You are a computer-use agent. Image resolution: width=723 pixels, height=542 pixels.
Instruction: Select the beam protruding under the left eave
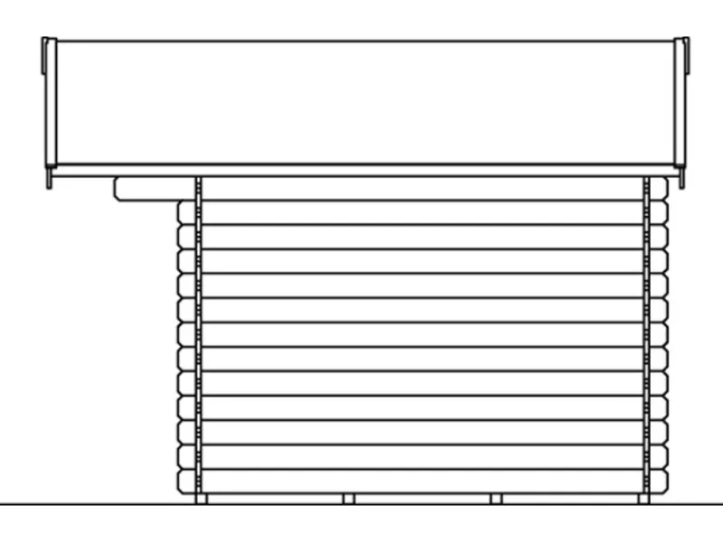coord(154,188)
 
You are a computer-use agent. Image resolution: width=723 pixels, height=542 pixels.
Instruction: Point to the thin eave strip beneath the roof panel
coord(361,171)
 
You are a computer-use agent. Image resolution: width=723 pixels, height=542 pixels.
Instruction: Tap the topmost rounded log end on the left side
coord(187,212)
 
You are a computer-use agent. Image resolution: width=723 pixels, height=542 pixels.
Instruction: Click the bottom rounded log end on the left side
coord(187,481)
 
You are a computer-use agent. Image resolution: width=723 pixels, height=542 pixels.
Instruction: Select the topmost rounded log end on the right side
coord(659,188)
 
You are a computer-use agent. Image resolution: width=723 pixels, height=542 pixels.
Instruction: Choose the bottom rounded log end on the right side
coord(659,481)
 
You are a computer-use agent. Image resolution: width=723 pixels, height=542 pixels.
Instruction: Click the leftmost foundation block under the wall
coord(202,499)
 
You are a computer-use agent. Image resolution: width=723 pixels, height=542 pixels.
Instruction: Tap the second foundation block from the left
coord(349,499)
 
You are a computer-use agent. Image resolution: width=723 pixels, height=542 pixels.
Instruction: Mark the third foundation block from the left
coord(495,499)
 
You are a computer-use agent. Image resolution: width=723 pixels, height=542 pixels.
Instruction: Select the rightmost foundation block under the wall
coord(643,499)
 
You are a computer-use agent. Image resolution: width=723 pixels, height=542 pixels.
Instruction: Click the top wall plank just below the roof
coord(420,188)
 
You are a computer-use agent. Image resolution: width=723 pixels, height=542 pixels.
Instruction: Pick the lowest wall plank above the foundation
coord(420,481)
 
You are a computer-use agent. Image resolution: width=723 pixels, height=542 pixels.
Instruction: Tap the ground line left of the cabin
coord(90,504)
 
